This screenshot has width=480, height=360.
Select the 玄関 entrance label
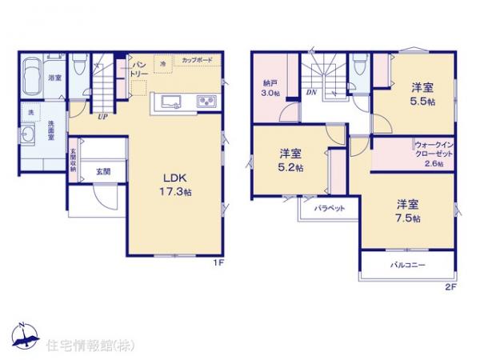click(103, 170)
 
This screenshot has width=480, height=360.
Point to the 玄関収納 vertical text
click(73, 160)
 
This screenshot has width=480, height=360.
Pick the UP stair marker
click(102, 117)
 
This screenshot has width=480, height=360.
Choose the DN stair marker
click(310, 93)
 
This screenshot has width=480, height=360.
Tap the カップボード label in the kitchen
click(197, 61)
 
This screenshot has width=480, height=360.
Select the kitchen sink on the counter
click(174, 102)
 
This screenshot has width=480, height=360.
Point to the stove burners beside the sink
click(206, 102)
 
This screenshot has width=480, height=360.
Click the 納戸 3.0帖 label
click(270, 88)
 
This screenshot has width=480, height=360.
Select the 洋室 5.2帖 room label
click(290, 160)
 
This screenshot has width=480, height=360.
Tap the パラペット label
click(329, 208)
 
